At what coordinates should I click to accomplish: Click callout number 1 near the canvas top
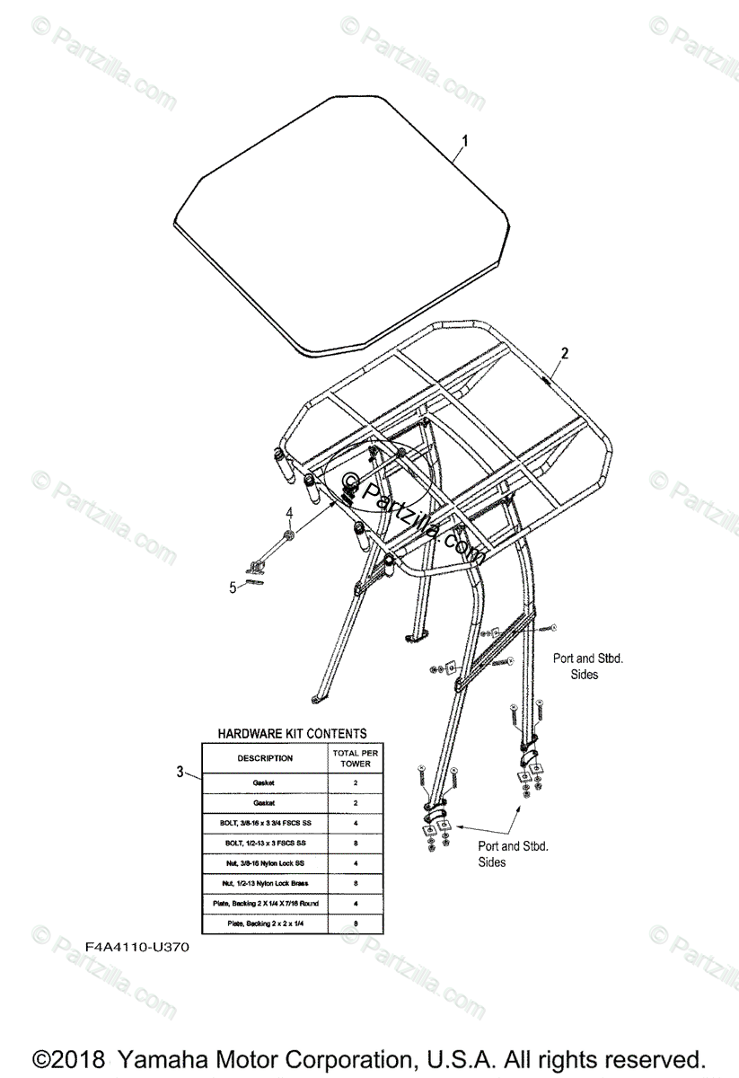tap(465, 140)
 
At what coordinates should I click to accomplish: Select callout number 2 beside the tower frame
tap(564, 354)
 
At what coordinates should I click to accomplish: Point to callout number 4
tap(289, 514)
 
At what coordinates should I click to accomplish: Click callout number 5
tap(233, 588)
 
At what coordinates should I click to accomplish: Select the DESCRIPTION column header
tap(265, 758)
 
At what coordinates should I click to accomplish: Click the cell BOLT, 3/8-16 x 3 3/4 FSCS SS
tap(265, 823)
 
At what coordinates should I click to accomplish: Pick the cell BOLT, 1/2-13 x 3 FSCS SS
tap(265, 843)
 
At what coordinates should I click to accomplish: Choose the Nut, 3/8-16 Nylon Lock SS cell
tap(265, 862)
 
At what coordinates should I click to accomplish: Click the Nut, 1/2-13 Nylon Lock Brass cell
tap(265, 883)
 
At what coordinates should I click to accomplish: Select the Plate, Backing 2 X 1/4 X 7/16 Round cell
tap(265, 903)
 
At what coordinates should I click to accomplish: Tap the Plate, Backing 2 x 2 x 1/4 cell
tap(265, 923)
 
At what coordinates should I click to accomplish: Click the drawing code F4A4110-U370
tap(137, 947)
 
